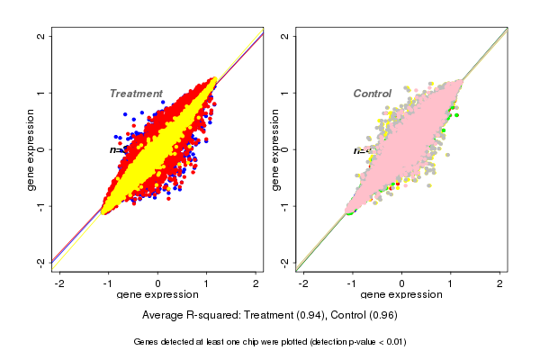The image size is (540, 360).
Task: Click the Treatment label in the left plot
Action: point(136,94)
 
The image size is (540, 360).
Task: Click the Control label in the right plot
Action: point(372,94)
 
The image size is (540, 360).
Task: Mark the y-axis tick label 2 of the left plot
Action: point(41,36)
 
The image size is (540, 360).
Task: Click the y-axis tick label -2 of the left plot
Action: point(41,262)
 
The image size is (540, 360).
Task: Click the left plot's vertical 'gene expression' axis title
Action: point(31,149)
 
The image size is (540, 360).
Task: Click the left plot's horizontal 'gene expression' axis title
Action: point(158,295)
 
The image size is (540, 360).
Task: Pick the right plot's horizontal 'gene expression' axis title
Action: point(402,295)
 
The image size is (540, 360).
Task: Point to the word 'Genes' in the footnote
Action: point(147,342)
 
